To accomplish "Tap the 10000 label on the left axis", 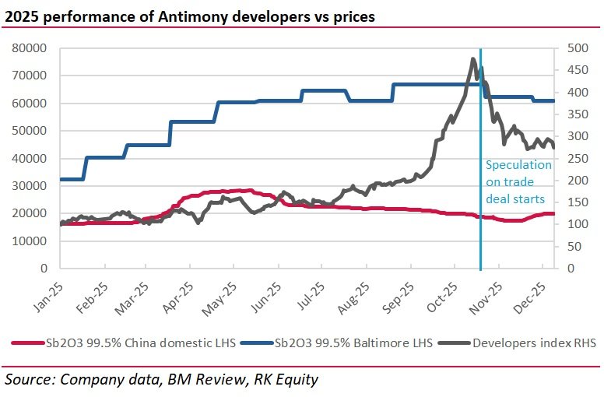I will pyautogui.click(x=31, y=241).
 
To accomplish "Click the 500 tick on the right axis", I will pyautogui.click(x=567, y=48).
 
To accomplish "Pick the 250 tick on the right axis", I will pyautogui.click(x=567, y=158).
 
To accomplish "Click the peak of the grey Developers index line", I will pyautogui.click(x=473, y=59).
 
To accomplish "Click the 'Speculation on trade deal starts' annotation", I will pyautogui.click(x=518, y=182).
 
